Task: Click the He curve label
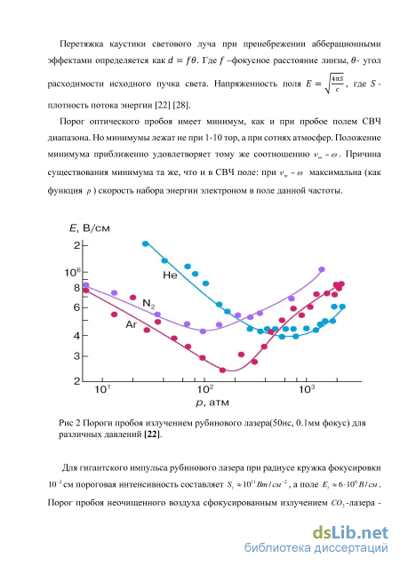pos(170,275)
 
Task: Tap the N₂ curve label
pos(148,304)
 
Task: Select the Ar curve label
pos(131,324)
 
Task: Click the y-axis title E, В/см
pos(90,228)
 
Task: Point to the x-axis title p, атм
pos(212,403)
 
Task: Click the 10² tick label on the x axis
pos(204,389)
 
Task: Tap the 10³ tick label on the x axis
pos(306,389)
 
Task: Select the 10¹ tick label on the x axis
pos(102,389)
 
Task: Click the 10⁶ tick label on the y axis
pos(72,272)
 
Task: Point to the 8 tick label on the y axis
pos(76,288)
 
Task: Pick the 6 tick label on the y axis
pos(76,307)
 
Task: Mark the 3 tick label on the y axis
pos(76,356)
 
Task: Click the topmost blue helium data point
pos(146,243)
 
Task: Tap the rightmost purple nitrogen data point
pos(322,269)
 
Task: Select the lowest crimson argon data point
pos(222,370)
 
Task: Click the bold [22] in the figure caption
pos(152,434)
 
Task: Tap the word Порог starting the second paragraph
pos(72,121)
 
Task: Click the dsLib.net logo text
pos(350,533)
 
